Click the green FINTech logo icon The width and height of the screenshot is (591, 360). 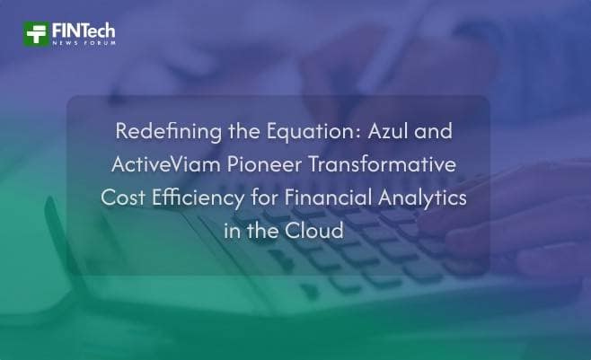tap(36, 34)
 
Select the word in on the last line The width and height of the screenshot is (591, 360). tap(232, 230)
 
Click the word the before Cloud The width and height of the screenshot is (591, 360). tap(267, 230)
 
